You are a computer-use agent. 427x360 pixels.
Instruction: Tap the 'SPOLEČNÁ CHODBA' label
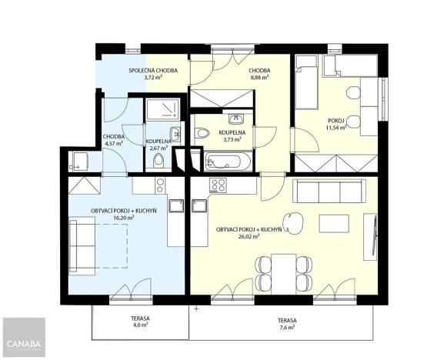153,70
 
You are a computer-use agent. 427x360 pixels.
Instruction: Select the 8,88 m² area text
259,77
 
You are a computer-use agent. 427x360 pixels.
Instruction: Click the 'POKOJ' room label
336,121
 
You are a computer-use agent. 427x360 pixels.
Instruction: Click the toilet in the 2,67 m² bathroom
158,160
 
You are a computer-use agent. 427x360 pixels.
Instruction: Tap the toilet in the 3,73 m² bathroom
202,134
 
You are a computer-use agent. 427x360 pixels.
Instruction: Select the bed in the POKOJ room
309,80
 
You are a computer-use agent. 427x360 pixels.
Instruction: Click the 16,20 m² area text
123,218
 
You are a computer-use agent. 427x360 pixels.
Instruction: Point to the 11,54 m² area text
336,128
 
